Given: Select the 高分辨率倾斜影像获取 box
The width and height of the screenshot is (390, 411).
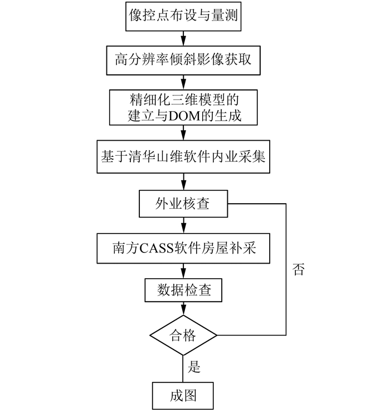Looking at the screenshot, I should point(183,59).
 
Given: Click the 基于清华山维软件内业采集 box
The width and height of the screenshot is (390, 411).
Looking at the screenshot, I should point(183,156).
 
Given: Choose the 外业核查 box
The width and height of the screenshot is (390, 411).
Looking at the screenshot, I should point(183,204).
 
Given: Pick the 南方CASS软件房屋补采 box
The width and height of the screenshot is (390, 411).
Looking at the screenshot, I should point(183,248).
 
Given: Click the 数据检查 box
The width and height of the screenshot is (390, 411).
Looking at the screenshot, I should point(183,290).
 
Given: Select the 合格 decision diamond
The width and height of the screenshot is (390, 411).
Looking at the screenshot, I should point(183,335).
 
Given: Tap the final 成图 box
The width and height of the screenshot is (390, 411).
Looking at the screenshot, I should point(183,395).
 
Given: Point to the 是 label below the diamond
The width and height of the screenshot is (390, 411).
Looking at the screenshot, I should point(195,367).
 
